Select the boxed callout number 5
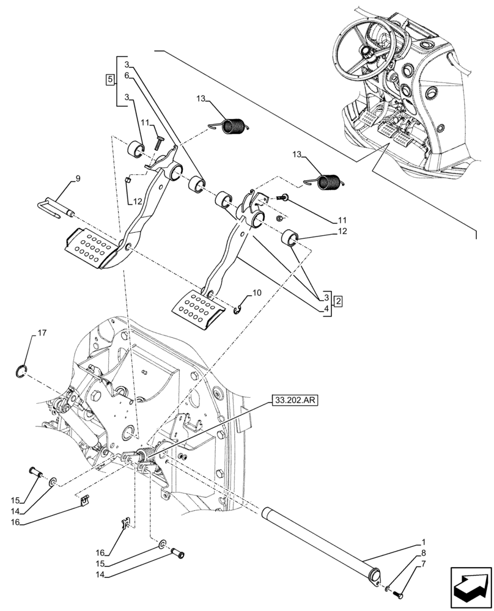[x=109, y=80]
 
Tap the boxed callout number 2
[x=338, y=302]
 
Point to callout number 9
[x=78, y=178]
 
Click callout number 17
[x=42, y=333]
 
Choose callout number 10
[x=256, y=293]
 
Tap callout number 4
[x=327, y=309]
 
